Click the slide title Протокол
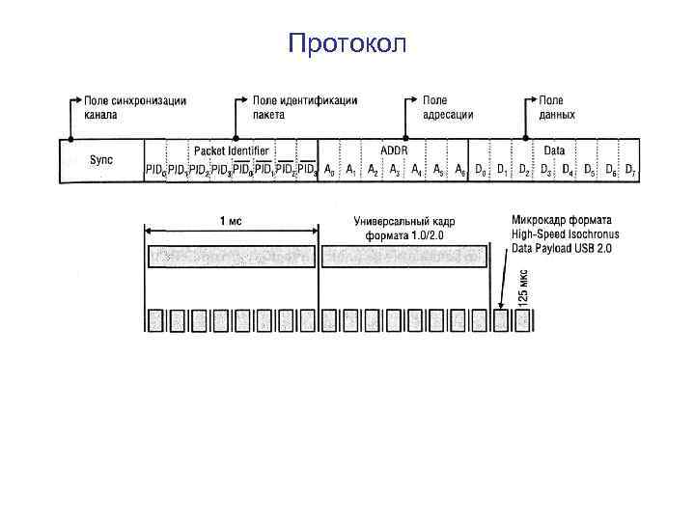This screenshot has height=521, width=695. point(347,43)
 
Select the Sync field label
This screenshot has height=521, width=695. point(101,159)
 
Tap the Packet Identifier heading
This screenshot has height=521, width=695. point(232,151)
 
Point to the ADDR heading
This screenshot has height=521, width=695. point(393,151)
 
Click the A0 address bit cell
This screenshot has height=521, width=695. point(329,171)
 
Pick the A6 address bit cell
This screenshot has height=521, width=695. point(459,171)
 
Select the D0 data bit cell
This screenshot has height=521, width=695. point(480,171)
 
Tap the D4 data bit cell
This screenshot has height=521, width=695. point(567,171)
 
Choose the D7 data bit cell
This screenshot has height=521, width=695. point(630,171)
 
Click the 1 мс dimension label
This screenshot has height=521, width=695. point(231,221)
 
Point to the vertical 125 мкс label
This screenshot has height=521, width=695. point(523,287)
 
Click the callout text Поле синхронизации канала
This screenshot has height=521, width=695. point(135,107)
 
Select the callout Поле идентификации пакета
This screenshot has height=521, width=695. point(305,107)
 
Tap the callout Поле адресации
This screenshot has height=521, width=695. point(448,107)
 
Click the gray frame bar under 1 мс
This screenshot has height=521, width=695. point(232,256)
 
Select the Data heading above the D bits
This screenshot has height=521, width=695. point(554,151)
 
